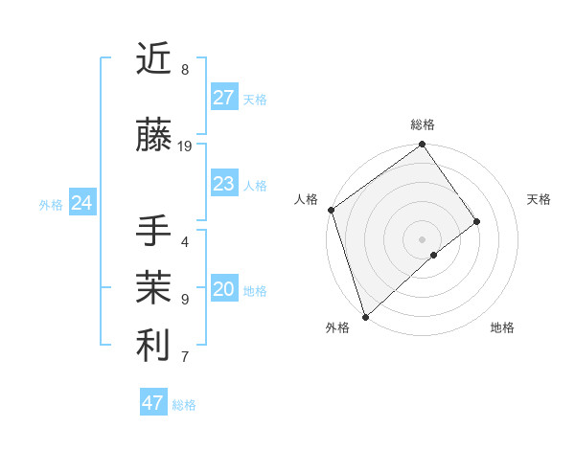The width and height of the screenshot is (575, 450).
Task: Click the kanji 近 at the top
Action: coord(153,60)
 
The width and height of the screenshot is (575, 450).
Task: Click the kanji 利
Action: coord(153,346)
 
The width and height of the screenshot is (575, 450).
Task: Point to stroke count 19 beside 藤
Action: coord(185,146)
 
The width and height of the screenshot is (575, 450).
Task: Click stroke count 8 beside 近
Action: coord(184,70)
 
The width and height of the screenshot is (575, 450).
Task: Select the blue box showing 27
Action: coord(224,98)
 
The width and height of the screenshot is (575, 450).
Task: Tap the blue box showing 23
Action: coord(224,184)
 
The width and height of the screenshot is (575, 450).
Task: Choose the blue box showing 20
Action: coord(224,290)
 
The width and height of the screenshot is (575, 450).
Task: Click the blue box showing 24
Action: coord(82,203)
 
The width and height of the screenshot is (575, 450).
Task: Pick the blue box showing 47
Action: coord(153,403)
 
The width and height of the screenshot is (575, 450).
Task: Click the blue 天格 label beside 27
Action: coord(255,100)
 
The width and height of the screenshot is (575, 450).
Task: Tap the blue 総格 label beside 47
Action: coord(184,405)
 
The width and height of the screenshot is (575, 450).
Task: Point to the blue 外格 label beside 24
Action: coord(51,205)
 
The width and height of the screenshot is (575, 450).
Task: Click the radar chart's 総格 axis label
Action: coord(422,124)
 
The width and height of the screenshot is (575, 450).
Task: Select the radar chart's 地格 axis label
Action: coord(502,328)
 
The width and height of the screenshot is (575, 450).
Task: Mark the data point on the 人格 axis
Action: coord(331,210)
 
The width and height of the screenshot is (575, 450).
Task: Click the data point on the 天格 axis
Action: coord(476,221)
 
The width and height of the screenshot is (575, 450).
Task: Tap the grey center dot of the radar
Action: coord(422,238)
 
